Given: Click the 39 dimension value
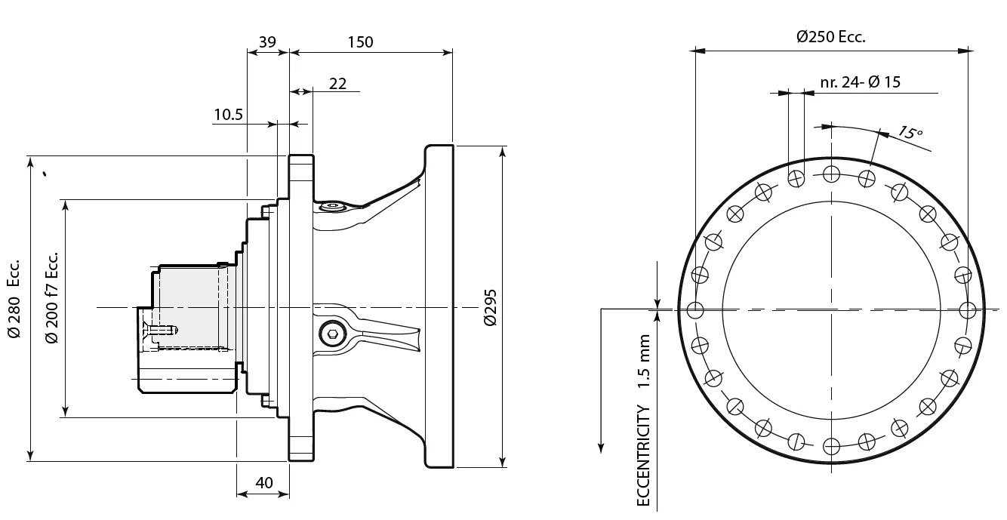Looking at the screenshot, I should click(267, 42).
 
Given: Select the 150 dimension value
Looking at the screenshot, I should click(360, 42).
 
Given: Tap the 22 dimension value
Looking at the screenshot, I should click(337, 83).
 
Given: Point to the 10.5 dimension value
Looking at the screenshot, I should click(228, 114).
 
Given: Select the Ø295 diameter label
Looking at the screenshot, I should click(489, 306).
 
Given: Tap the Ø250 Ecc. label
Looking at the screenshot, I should click(830, 37).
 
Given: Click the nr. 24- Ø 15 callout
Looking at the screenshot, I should click(860, 82).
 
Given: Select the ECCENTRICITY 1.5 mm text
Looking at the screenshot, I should click(643, 420).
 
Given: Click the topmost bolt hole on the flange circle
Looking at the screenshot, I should click(831, 174).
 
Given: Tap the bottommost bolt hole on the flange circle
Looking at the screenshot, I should click(831, 445).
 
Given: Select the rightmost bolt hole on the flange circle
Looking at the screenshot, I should click(968, 309).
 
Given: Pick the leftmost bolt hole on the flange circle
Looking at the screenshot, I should click(695, 309).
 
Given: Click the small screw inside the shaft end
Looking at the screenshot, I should click(162, 330).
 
